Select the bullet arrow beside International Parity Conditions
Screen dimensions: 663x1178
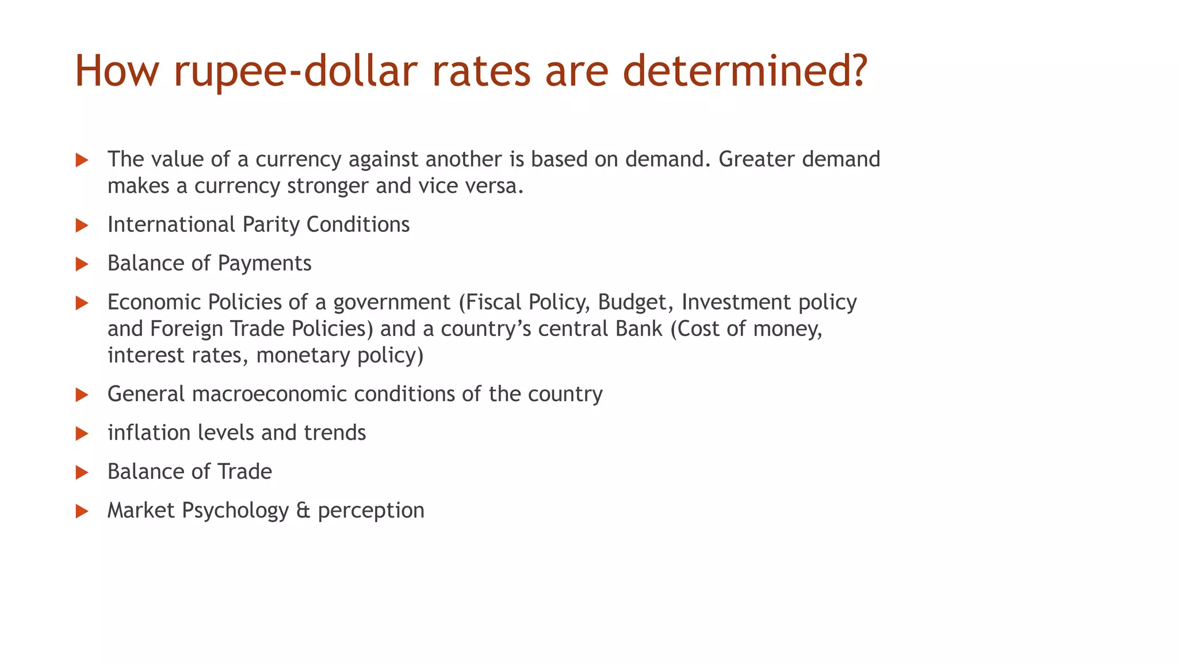pos(82,226)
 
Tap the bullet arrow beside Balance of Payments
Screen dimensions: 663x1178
pos(82,264)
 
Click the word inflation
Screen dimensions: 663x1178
pos(150,433)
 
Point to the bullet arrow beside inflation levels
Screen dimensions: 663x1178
pos(82,433)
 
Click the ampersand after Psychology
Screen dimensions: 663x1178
pos(303,510)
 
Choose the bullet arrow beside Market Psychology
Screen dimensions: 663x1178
pos(82,511)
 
